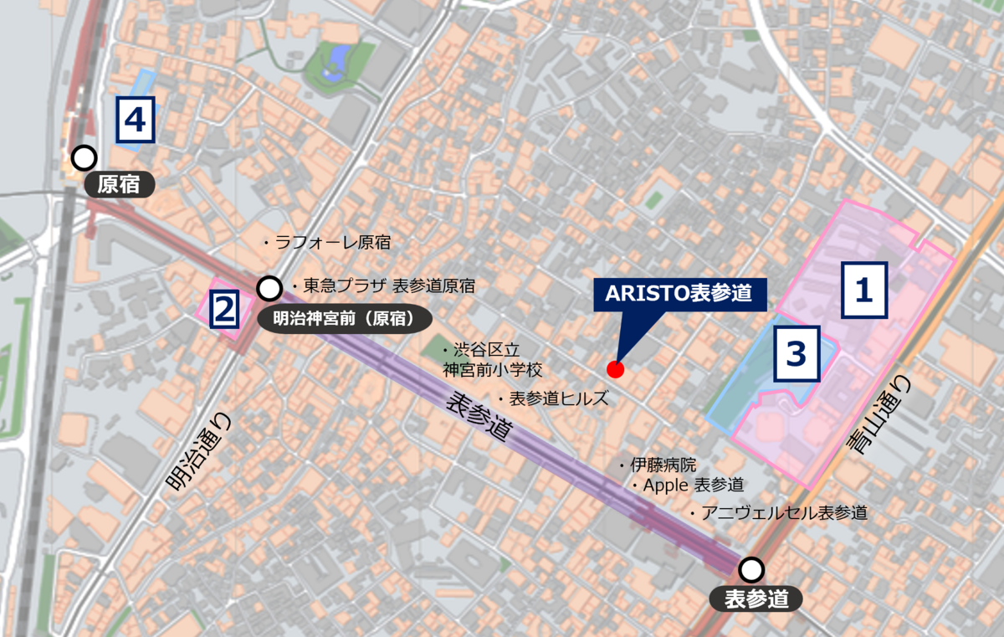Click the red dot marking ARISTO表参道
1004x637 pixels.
[615, 369]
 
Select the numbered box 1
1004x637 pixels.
[863, 290]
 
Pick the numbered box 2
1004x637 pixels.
[223, 310]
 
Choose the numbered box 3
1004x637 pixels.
[797, 354]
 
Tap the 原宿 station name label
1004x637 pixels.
[119, 184]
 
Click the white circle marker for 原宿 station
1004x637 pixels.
[83, 157]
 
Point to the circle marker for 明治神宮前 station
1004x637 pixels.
[269, 289]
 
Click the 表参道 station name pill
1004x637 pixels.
[756, 598]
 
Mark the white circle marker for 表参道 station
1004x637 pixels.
[752, 570]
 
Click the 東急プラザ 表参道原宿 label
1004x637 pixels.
[389, 286]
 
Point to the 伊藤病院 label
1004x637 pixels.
[662, 465]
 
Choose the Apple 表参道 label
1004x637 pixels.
[691, 485]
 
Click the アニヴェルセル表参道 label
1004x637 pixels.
[782, 512]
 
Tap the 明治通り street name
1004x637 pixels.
[197, 452]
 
